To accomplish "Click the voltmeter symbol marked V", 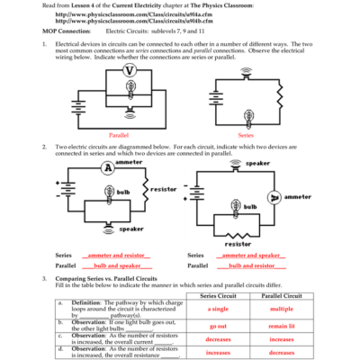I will click(130, 69).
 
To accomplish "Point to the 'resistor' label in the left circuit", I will click(164, 189).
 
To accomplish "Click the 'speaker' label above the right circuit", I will click(258, 163).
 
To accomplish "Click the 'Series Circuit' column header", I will click(217, 295).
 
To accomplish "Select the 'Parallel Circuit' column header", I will click(282, 295).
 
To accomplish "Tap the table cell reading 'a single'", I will click(217, 309).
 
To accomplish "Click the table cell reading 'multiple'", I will click(282, 309).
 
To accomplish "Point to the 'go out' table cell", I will click(217, 326).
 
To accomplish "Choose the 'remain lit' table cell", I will click(282, 326).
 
